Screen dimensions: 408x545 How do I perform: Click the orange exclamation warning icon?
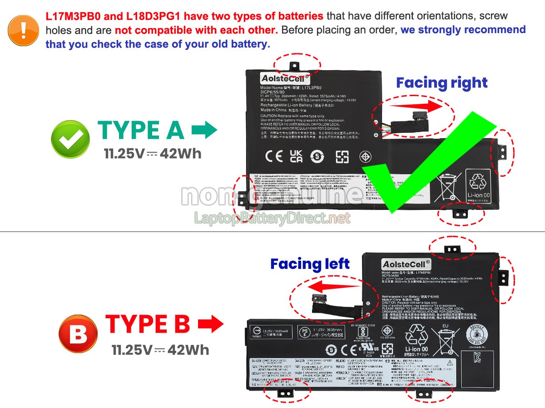coord(23,30)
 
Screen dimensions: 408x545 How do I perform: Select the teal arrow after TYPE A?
coord(204,131)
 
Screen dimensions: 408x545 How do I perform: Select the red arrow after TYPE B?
coord(210,325)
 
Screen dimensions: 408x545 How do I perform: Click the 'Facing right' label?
coord(441,83)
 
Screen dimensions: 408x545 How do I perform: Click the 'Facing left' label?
coord(310,264)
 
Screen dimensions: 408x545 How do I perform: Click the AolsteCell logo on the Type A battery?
coord(284,78)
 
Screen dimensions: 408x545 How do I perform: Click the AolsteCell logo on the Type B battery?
coord(406,264)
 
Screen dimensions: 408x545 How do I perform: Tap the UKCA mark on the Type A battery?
coord(296,156)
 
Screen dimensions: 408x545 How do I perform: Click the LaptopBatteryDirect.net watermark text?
coord(272,219)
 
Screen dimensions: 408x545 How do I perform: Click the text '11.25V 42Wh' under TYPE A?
coord(153,154)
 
